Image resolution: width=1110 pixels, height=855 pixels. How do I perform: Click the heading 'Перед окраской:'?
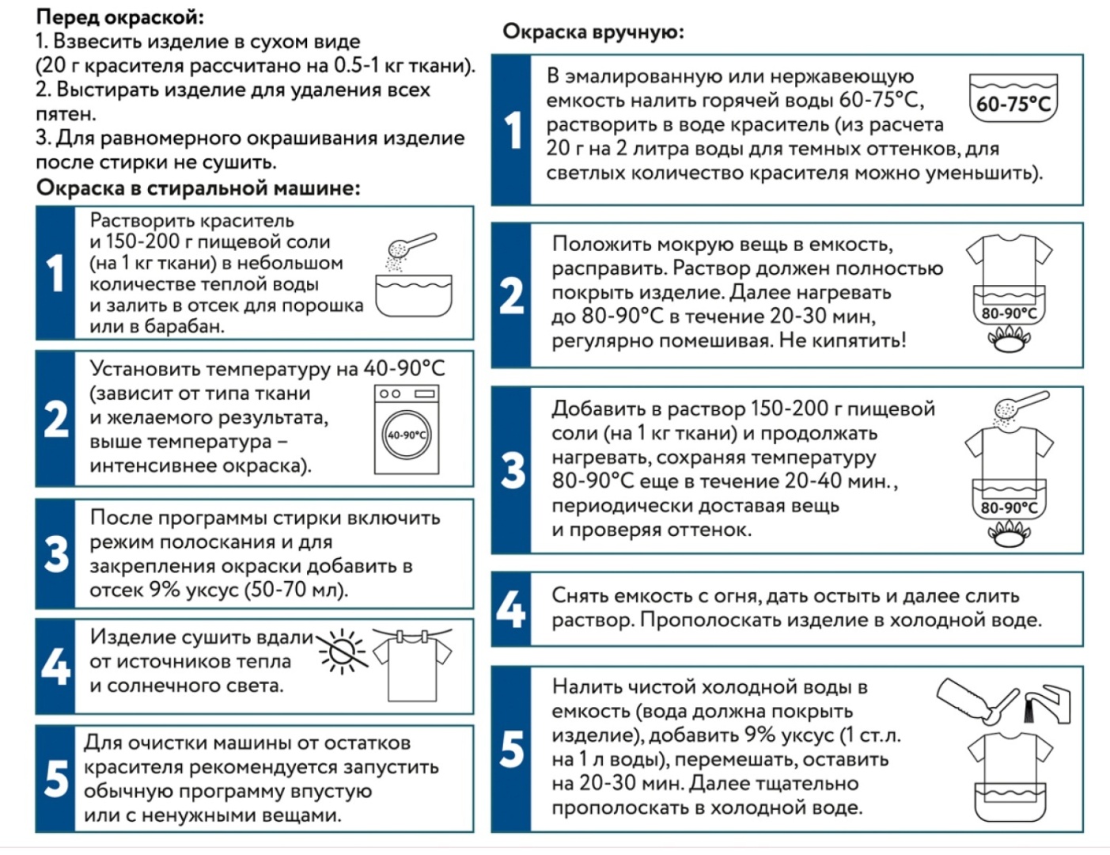click(x=120, y=17)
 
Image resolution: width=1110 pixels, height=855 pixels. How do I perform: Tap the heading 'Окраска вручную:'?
click(x=593, y=32)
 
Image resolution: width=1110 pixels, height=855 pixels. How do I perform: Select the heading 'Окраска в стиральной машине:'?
click(x=199, y=188)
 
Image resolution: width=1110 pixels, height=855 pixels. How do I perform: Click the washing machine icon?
click(x=407, y=429)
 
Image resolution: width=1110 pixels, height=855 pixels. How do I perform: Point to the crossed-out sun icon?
click(x=342, y=651)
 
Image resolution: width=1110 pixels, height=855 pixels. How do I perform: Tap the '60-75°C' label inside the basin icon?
click(x=1013, y=104)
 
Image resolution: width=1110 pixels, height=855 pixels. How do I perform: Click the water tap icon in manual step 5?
click(x=1048, y=703)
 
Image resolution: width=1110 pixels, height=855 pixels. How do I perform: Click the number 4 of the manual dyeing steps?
click(x=511, y=609)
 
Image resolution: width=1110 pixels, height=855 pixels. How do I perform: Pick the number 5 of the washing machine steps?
click(x=56, y=779)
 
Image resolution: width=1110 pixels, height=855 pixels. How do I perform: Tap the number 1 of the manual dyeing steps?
click(x=513, y=131)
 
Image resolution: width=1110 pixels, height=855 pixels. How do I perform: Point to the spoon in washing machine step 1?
click(x=411, y=245)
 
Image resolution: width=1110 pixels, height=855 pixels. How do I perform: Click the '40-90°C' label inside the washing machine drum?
click(x=407, y=435)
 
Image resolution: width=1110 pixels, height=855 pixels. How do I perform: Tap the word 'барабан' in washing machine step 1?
click(x=184, y=326)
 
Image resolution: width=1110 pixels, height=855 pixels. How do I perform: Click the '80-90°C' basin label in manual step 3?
click(x=1010, y=508)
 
